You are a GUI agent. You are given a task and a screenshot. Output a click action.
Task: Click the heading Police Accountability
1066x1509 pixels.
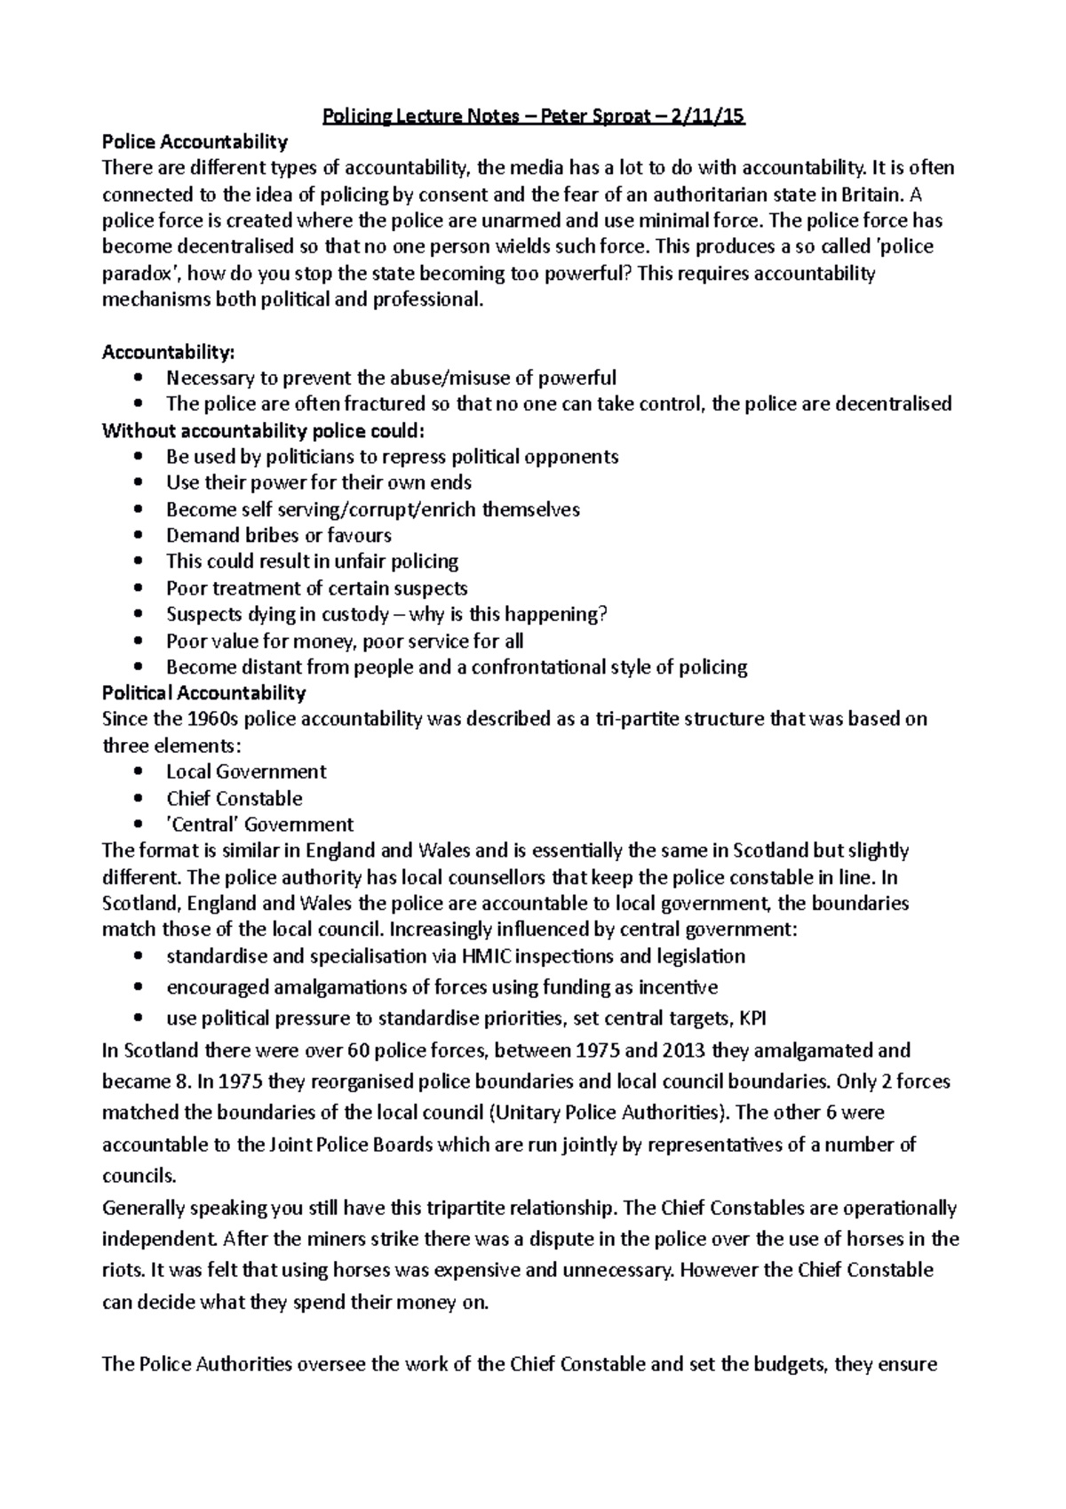pos(195,141)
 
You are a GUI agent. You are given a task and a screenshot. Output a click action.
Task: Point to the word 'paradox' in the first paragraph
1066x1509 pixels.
pos(139,273)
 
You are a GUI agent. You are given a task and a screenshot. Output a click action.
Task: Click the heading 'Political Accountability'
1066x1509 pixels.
pos(204,692)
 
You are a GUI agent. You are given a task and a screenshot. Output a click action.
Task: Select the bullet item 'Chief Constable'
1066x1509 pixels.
pos(235,798)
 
